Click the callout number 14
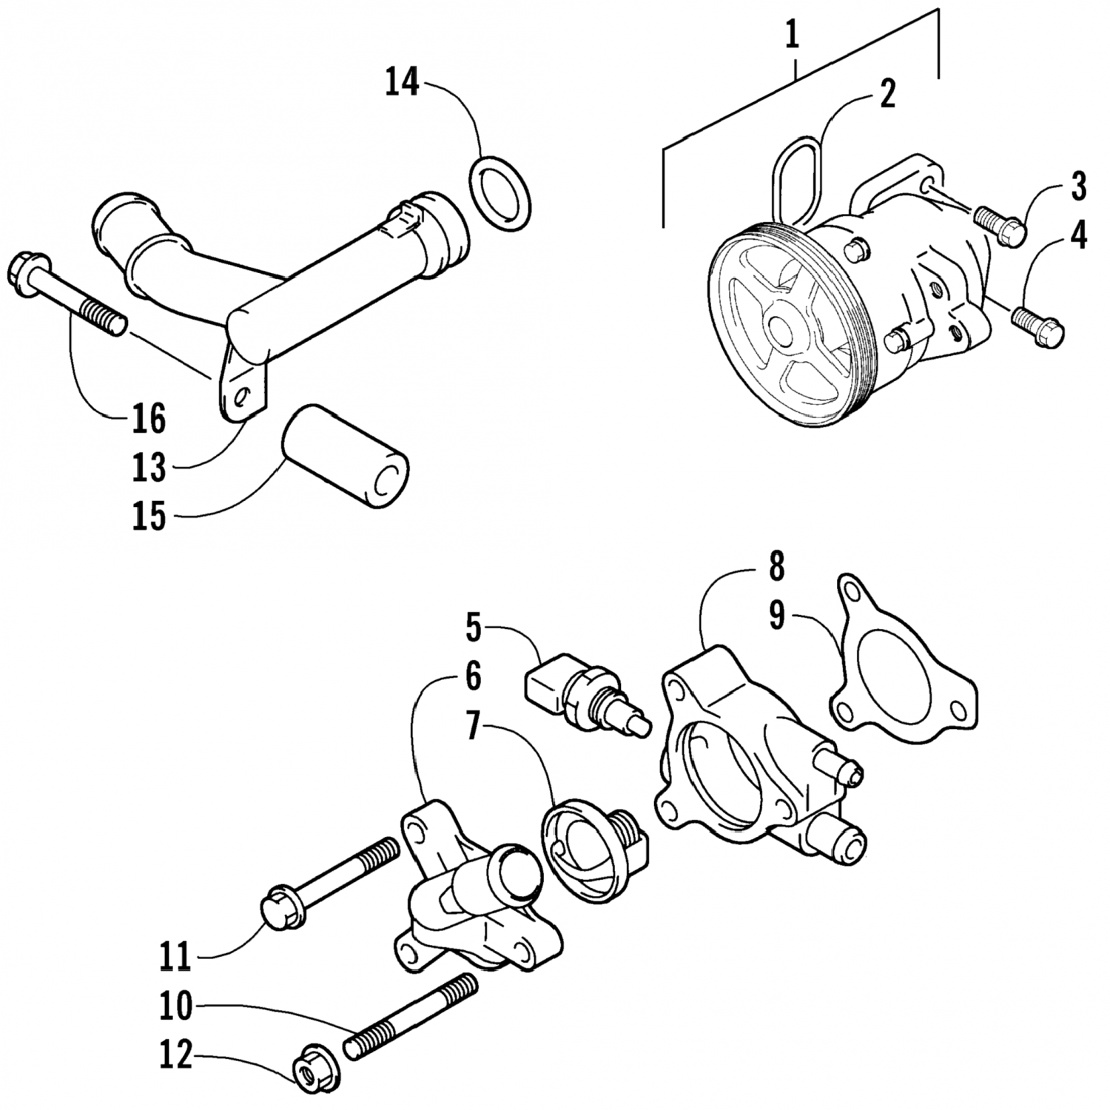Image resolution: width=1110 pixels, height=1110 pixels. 402,81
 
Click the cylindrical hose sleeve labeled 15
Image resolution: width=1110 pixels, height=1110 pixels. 346,454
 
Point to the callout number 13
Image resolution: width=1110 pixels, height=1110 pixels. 149,467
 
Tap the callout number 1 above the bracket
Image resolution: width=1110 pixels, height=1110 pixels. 793,36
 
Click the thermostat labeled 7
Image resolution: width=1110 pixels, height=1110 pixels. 596,852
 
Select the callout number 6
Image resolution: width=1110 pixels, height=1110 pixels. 472,676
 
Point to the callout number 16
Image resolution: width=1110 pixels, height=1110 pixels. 149,419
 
